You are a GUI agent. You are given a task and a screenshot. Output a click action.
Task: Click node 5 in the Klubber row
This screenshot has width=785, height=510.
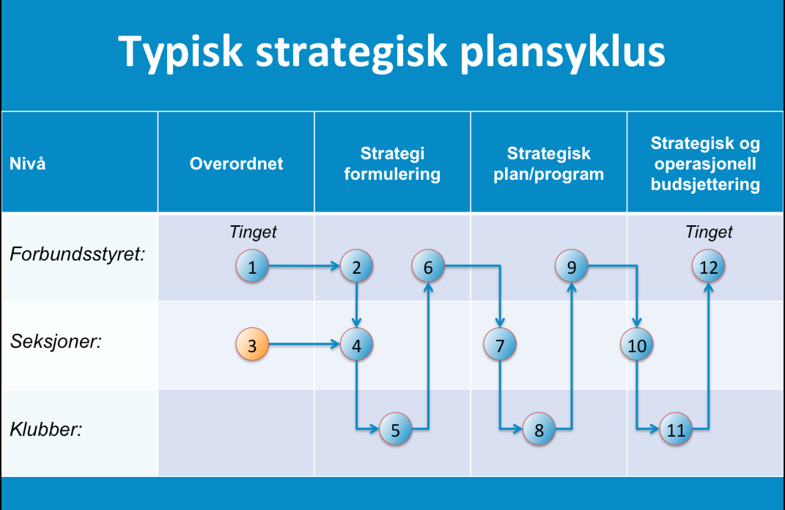(x=395, y=429)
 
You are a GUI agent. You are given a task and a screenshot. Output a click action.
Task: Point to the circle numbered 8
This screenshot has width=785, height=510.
(x=539, y=429)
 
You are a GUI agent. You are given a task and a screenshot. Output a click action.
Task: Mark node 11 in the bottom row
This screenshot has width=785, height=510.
(x=676, y=429)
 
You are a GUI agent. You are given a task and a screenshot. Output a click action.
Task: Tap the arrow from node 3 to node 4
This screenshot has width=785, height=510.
(x=304, y=345)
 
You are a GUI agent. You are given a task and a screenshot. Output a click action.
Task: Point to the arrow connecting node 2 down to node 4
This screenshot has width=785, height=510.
(x=356, y=305)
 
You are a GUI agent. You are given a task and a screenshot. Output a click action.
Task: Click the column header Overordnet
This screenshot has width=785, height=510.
(x=236, y=163)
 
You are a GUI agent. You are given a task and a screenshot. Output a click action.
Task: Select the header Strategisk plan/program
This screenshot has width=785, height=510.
(x=549, y=164)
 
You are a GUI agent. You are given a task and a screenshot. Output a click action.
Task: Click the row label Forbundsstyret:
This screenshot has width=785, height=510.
(x=78, y=254)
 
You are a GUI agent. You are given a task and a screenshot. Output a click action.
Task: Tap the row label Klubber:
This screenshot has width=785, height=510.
(x=46, y=429)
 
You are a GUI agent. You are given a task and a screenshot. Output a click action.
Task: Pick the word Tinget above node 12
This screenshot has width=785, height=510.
(x=709, y=232)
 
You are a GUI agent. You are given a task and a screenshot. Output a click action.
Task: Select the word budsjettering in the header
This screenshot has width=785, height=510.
(x=705, y=184)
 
